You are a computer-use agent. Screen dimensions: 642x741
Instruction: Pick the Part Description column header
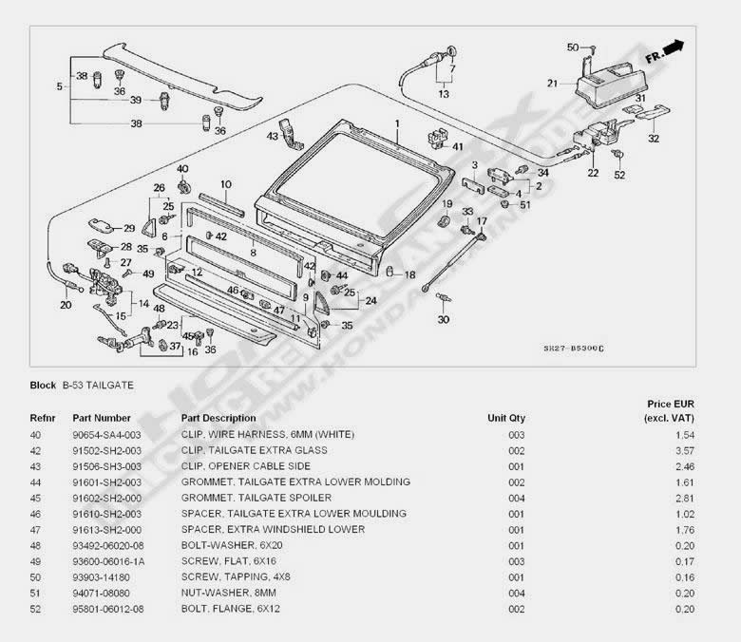[x=218, y=418]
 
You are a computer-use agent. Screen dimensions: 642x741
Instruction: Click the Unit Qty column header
[x=506, y=418]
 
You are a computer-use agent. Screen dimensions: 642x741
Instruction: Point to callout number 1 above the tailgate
[x=397, y=124]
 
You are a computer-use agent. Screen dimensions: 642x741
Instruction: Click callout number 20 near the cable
[x=66, y=305]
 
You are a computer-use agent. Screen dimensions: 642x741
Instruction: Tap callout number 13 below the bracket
[x=444, y=94]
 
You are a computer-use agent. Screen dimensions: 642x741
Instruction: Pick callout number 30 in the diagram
[x=444, y=320]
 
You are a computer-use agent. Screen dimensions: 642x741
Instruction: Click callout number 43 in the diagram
[x=273, y=137]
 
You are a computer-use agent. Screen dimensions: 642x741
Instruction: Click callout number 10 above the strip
[x=226, y=184]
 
